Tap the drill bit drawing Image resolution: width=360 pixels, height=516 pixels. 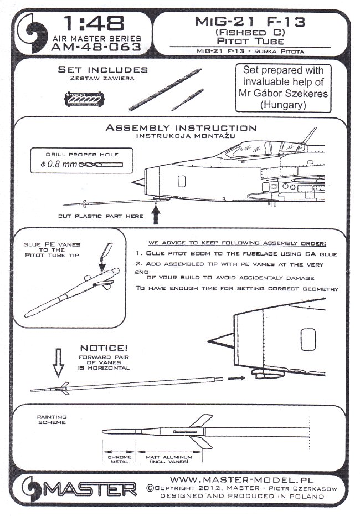pyautogui.click(x=99, y=164)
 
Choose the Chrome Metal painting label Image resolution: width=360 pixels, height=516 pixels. pyautogui.click(x=116, y=458)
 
